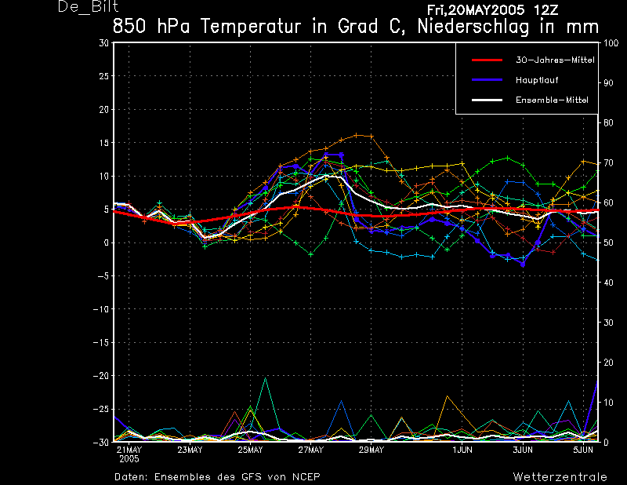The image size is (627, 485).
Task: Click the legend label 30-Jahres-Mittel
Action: click(555, 60)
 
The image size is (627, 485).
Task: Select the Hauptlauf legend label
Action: click(537, 80)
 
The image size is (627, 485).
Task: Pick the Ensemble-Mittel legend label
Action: click(552, 100)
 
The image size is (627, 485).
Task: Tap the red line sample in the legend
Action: click(487, 60)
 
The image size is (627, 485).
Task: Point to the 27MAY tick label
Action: click(310, 450)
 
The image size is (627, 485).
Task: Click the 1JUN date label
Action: click(462, 450)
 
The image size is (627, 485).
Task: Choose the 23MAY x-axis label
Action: click(190, 450)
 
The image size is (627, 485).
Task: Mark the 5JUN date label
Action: click(583, 450)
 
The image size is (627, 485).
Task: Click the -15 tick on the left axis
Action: click(101, 342)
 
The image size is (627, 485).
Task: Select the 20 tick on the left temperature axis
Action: click(103, 109)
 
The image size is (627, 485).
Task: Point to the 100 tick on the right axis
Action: click(611, 43)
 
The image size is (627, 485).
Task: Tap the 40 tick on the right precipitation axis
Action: click(608, 283)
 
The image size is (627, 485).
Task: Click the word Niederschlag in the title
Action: click(473, 27)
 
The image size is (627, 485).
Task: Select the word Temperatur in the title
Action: click(250, 27)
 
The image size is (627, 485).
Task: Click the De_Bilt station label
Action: click(88, 6)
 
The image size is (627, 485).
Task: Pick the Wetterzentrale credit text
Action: click(560, 477)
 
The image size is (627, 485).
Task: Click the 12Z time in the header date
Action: click(545, 9)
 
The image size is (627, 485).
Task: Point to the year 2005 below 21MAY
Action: click(129, 459)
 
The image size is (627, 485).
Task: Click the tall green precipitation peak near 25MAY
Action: click(265, 378)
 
